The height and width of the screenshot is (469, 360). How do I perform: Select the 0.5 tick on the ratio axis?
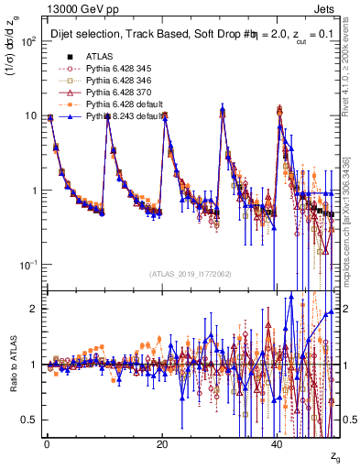[x=27, y=420]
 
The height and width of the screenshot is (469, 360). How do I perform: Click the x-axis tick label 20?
[x=161, y=444]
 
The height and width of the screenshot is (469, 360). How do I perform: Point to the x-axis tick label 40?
[x=278, y=444]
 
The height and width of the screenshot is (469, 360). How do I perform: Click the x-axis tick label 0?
[x=46, y=444]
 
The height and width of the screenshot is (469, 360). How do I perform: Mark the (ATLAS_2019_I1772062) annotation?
[x=190, y=275]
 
